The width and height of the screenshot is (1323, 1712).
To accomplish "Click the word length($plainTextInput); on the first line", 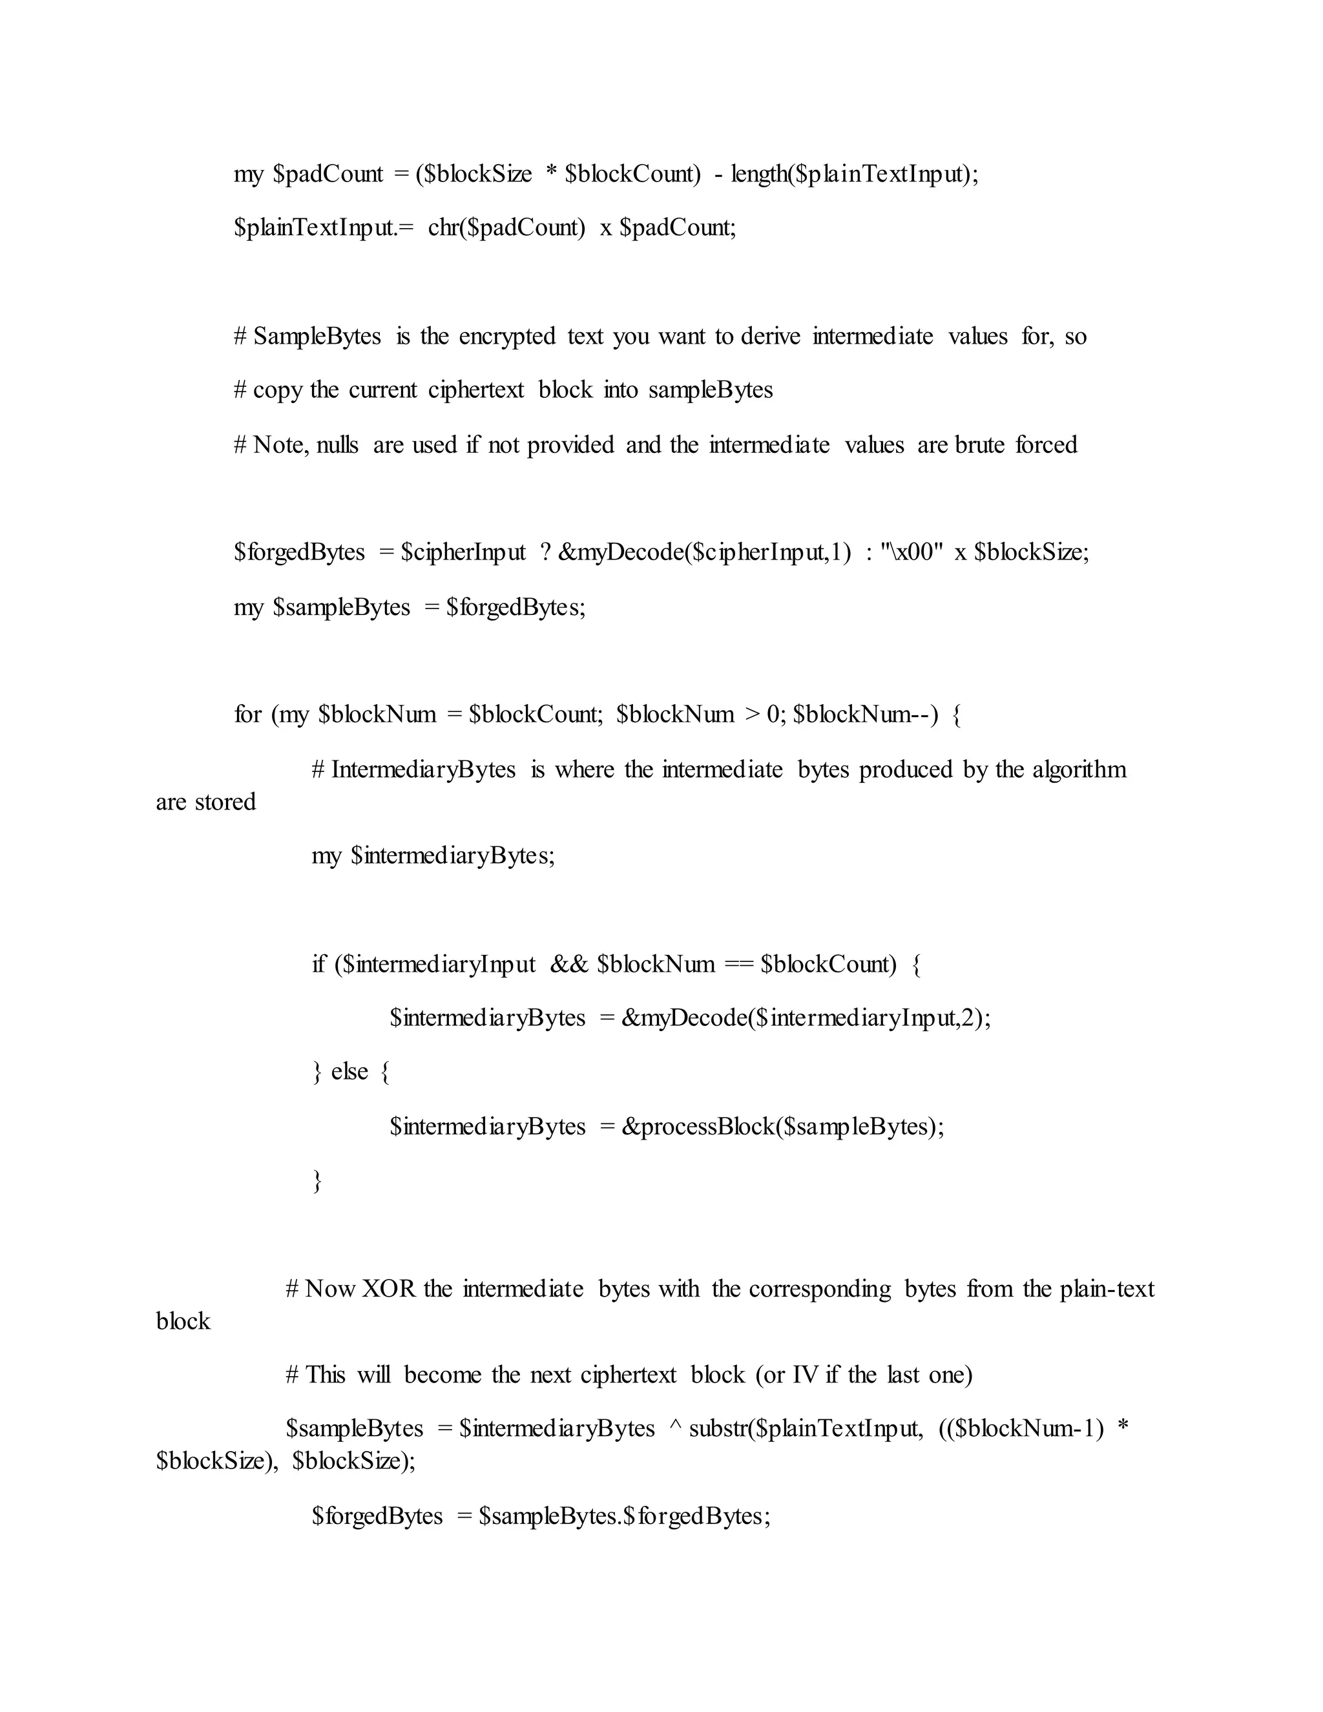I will (x=854, y=173).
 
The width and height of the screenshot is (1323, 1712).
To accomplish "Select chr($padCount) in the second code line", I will (x=506, y=227).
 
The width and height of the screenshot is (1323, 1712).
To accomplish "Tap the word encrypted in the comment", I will (x=506, y=337).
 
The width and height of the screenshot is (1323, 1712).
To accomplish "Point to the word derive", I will (x=771, y=337).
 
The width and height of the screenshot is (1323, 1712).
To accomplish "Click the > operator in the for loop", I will (x=753, y=714).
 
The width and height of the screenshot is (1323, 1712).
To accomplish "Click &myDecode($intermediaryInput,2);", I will (x=806, y=1018).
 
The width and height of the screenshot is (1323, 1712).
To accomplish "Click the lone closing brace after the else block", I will (x=317, y=1180).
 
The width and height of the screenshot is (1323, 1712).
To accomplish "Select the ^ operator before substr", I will (x=675, y=1428).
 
